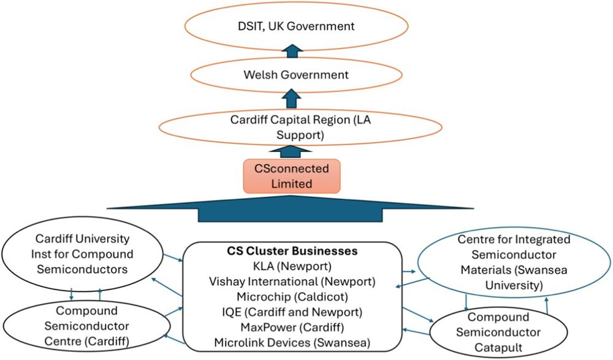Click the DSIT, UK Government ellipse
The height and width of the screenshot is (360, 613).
coord(297,26)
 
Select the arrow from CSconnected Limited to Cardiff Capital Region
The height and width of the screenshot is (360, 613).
coord(291,150)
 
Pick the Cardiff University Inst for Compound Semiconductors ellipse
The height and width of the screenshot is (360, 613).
coord(82,254)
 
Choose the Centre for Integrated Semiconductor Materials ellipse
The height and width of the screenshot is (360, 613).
coord(513,262)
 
